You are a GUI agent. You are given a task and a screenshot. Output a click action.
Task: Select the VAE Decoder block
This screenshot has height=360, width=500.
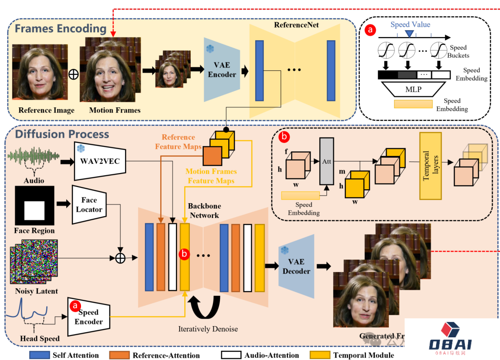pyautogui.click(x=296, y=266)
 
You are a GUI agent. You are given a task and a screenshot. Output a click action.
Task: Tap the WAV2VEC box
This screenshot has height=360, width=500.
pyautogui.click(x=100, y=162)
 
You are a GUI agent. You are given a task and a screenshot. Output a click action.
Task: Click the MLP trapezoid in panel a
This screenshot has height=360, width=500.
pyautogui.click(x=413, y=89)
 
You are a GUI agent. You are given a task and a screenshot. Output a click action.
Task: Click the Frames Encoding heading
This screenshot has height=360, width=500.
pyautogui.click(x=60, y=29)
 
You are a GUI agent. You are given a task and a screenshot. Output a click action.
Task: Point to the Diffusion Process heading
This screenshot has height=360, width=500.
pyautogui.click(x=62, y=134)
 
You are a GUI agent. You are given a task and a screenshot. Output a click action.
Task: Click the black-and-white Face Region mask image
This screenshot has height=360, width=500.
pyautogui.click(x=34, y=205)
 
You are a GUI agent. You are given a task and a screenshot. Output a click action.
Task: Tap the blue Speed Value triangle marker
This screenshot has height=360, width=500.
pyautogui.click(x=409, y=33)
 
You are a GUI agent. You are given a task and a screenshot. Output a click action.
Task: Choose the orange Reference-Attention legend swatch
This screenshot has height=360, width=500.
pyautogui.click(x=119, y=355)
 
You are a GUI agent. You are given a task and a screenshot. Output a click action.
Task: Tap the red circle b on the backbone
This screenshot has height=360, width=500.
pyautogui.click(x=185, y=254)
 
